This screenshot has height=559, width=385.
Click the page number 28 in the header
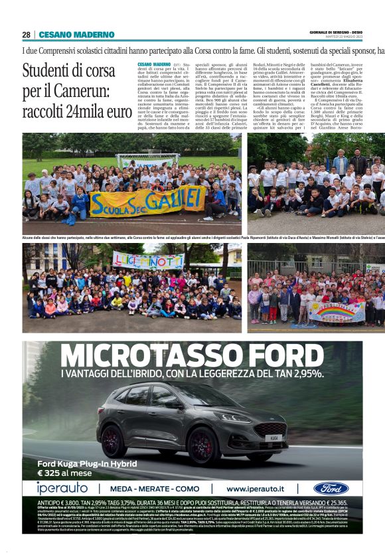pyautogui.click(x=26, y=35)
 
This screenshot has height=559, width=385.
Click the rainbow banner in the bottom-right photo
pyautogui.click(x=337, y=311)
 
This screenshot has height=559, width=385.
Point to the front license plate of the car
pyautogui.click(x=273, y=439)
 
